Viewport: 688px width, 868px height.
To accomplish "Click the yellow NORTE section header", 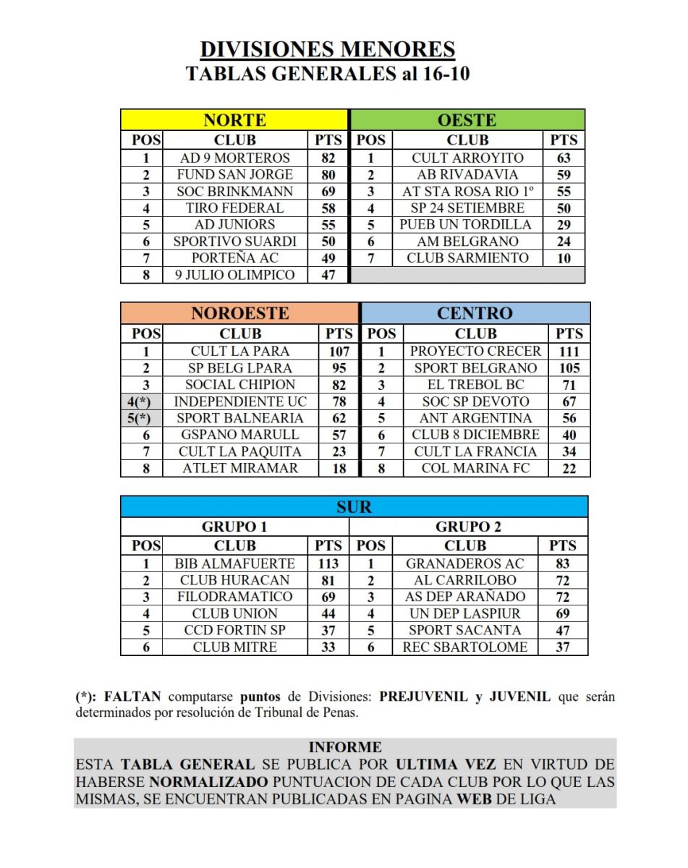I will [x=234, y=120].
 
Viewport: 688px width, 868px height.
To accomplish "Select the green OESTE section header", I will [x=467, y=120].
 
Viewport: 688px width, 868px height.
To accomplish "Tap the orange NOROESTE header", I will [x=239, y=313].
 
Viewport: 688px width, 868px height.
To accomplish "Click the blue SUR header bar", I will [x=354, y=506].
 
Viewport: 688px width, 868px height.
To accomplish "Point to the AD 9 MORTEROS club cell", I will [x=235, y=158].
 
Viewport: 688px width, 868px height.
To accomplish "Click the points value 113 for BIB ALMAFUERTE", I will [x=328, y=563].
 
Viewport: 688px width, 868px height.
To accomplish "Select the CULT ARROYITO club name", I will [x=467, y=158].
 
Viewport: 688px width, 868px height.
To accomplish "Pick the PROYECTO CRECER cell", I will [x=475, y=351].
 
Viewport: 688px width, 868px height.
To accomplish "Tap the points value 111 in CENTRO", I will [x=569, y=351].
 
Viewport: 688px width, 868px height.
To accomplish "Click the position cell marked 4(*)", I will [x=141, y=401].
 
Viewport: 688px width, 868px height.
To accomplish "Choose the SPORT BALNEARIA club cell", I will [x=240, y=418].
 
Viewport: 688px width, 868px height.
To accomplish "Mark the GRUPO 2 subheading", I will [x=468, y=527].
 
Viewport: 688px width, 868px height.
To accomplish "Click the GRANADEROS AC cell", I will [x=465, y=563].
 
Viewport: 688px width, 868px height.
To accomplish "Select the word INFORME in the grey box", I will [x=344, y=747].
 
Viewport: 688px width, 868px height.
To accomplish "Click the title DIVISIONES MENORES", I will [x=328, y=49].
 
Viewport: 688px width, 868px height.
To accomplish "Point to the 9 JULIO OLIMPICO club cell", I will [x=235, y=275].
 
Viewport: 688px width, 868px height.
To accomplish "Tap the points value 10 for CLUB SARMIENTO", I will [x=564, y=258].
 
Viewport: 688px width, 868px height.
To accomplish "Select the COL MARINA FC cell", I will [x=475, y=468].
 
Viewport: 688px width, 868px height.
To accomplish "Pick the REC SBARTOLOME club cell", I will [x=465, y=647].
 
